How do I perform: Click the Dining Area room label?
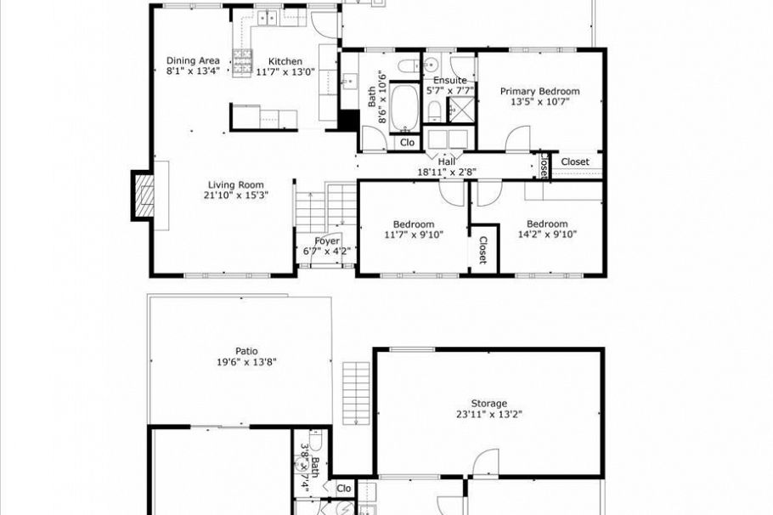[193, 60]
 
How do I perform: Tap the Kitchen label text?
[285, 61]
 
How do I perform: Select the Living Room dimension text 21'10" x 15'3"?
[236, 195]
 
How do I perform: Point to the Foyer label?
[327, 241]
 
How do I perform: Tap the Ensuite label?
[445, 81]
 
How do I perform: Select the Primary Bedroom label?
[539, 91]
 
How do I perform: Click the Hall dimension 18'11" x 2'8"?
[447, 171]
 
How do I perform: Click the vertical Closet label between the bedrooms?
[482, 250]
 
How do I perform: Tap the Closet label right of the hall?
[575, 161]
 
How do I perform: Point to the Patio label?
[246, 351]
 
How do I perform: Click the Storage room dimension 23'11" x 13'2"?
[489, 415]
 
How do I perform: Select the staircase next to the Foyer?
[325, 208]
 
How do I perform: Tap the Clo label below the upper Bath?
[407, 143]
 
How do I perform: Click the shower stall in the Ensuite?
[462, 109]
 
